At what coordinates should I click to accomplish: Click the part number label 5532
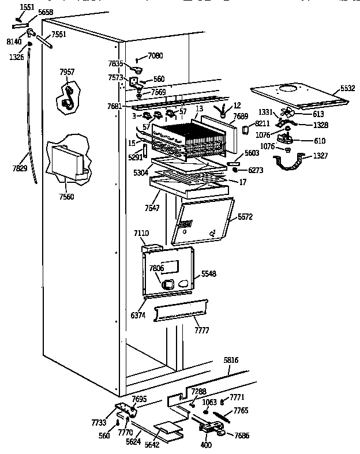(x=348, y=88)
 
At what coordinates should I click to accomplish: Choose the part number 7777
(x=202, y=329)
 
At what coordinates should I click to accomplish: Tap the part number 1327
(x=321, y=156)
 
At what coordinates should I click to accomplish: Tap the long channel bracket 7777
(x=179, y=312)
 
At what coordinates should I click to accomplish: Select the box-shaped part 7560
(x=67, y=159)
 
